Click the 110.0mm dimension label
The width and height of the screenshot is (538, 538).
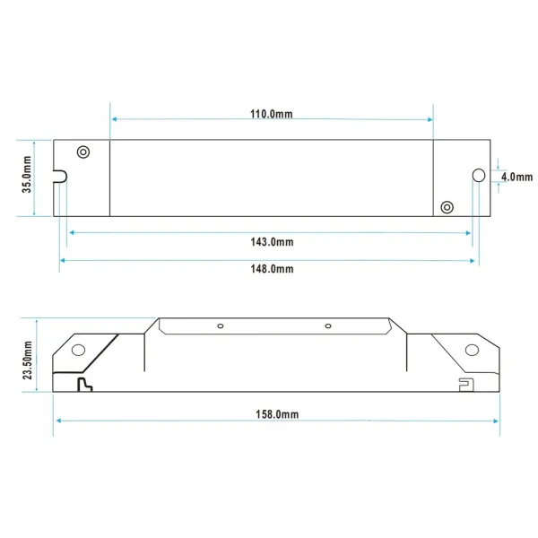271,114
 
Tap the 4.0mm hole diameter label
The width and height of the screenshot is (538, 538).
517,177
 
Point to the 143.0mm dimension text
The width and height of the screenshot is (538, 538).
271,242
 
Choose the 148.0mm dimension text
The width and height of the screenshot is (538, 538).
271,269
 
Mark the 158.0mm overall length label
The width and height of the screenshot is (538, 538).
276,415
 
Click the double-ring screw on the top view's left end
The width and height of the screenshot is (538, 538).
83,152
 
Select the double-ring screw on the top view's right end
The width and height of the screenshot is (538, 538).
447,207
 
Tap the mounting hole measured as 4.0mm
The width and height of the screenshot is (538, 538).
478,175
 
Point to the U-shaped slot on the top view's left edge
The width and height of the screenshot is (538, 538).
61,175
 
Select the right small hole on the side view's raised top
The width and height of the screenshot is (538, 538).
328,325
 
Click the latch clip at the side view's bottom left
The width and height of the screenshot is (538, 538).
85,385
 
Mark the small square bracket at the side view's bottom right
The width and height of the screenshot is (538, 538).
464,386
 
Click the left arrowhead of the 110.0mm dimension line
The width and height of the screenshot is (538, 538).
113,118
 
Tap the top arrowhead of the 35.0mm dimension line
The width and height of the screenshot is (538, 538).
34,143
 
